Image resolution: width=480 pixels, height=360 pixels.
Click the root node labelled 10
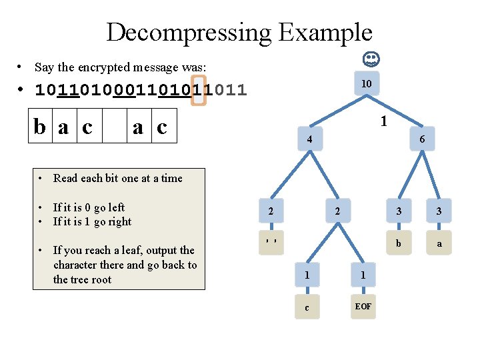coord(367,84)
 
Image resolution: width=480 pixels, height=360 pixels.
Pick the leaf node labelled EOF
coord(363,306)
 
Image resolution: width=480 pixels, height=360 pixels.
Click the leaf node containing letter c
coord(307,307)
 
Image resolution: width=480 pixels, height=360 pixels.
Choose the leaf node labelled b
coord(398,243)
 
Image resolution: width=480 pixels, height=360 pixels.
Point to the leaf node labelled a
coord(439,243)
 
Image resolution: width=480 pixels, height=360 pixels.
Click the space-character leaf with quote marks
coord(270,240)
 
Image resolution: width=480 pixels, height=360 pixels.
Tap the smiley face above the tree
coord(371,60)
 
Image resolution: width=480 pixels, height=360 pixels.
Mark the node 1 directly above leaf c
coord(307,274)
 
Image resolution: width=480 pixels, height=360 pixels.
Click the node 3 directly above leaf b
coord(398,211)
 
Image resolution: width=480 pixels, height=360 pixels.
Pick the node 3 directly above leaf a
coord(439,211)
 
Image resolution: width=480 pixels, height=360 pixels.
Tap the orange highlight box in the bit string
coord(199,89)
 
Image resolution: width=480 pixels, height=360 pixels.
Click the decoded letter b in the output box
coord(42,127)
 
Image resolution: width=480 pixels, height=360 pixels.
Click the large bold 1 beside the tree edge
coord(384,122)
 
